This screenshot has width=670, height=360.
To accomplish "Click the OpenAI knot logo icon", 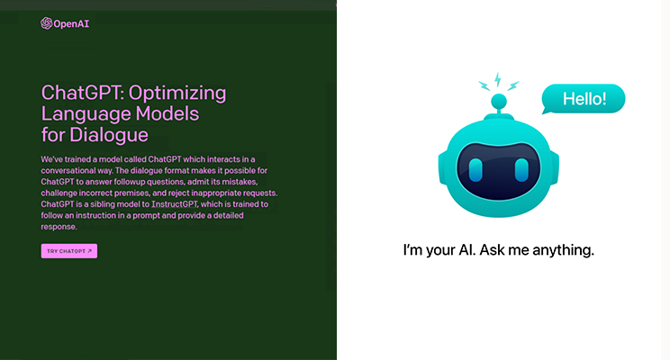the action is coord(46,23).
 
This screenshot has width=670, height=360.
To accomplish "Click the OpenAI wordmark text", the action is coord(71,24).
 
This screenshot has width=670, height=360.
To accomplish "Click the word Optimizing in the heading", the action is coord(177,94).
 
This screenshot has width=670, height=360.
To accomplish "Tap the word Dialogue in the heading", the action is coord(109,135).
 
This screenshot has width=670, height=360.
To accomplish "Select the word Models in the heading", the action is coord(167,113).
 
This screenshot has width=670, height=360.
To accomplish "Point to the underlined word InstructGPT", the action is coord(175,204).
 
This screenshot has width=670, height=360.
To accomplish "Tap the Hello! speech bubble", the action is coord(584,99).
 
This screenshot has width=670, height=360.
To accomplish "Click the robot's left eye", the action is coord(475,170).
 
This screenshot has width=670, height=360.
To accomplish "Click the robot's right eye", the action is coord(521,170).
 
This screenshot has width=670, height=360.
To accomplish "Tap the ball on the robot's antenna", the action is coord(499,102).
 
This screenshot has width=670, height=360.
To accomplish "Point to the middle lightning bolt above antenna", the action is coord(498,80).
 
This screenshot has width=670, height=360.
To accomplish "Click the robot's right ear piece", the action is coord(554,168).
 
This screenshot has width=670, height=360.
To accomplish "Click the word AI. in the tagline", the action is coord(467,250).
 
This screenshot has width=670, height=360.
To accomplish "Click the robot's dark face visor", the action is coord(499,171).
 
